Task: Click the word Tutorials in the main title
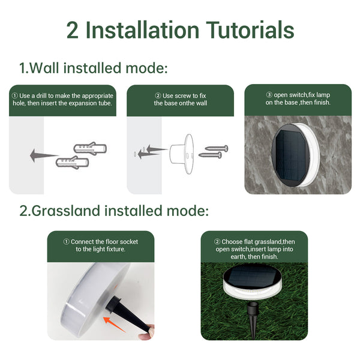[250, 30]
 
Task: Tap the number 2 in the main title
[73, 31]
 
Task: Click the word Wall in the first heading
[44, 68]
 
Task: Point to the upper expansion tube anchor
[90, 148]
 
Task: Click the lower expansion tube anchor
[73, 163]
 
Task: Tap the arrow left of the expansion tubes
[44, 155]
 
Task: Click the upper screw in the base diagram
[216, 148]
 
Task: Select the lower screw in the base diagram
[210, 155]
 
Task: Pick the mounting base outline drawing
[182, 154]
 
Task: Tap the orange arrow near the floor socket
[114, 324]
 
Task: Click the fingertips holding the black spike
[147, 332]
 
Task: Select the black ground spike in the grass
[253, 320]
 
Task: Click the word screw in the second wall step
[183, 96]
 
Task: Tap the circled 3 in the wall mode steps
[269, 95]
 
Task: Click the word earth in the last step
[238, 256]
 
